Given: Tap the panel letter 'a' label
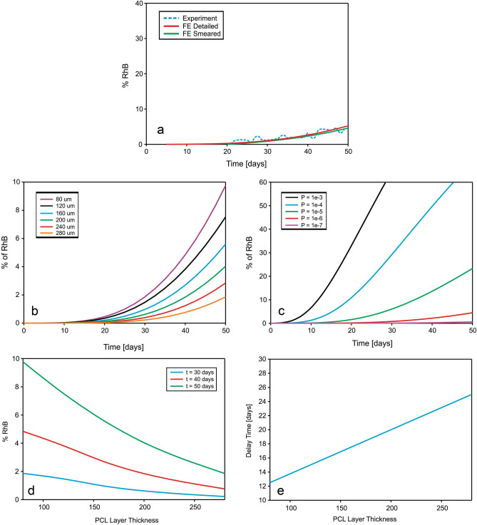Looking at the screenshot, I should coord(162,130).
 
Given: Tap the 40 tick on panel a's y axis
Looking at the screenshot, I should coord(139,4).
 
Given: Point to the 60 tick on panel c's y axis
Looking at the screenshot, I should coord(270,182).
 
